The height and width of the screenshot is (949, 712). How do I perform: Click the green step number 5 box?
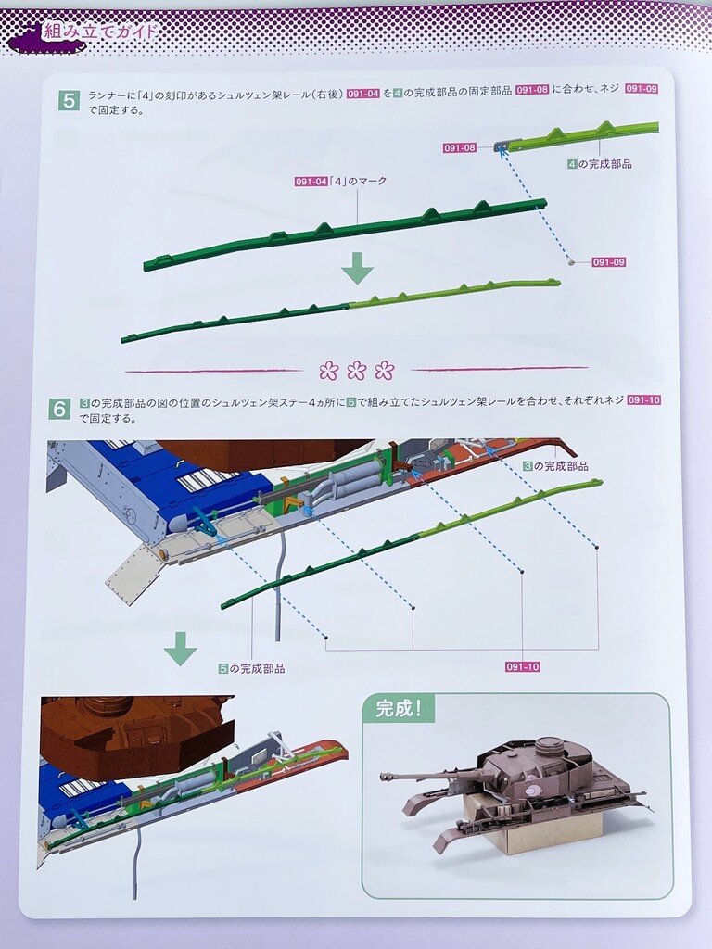69,100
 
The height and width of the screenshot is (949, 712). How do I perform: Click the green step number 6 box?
59,409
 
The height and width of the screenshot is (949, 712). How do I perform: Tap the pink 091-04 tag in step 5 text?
363,94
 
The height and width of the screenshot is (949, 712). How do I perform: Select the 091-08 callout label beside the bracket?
460,147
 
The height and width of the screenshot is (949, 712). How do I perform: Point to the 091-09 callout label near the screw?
608,262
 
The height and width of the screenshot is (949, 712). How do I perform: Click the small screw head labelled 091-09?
570,261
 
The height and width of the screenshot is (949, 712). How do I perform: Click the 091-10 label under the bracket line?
523,667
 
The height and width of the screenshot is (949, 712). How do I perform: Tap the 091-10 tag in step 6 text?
643,400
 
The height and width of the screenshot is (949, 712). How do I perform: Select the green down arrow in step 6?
181,649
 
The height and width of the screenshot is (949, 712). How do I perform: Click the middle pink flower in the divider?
357,370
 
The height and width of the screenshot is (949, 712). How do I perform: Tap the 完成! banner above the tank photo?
398,708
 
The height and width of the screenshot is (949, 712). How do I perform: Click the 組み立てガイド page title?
100,32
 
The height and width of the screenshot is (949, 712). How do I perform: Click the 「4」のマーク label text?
357,181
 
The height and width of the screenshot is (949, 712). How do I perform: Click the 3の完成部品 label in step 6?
555,466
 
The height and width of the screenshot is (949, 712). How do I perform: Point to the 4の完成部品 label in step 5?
600,164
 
